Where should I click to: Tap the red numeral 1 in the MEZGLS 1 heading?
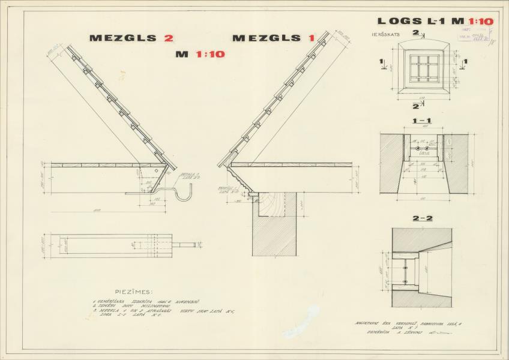[312, 38]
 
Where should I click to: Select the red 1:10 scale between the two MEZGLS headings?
[209, 54]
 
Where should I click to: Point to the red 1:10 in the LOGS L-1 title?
[480, 22]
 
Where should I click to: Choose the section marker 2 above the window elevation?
[415, 33]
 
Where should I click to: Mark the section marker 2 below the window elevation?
[415, 106]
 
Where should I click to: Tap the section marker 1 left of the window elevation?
[381, 61]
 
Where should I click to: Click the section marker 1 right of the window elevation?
[465, 61]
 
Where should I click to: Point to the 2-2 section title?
[421, 218]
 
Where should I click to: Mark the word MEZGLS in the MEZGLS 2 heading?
[122, 38]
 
